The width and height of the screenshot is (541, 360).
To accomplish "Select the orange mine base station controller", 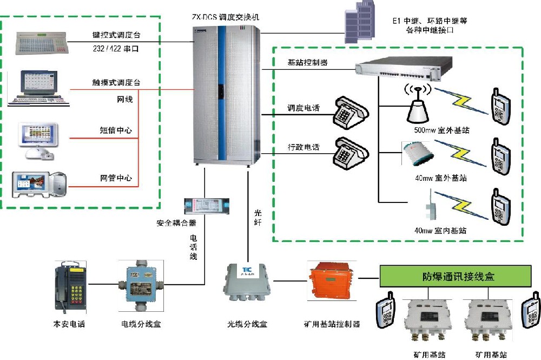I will pyautogui.click(x=327, y=282).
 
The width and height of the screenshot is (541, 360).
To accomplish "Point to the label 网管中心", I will pyautogui.click(x=116, y=178).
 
